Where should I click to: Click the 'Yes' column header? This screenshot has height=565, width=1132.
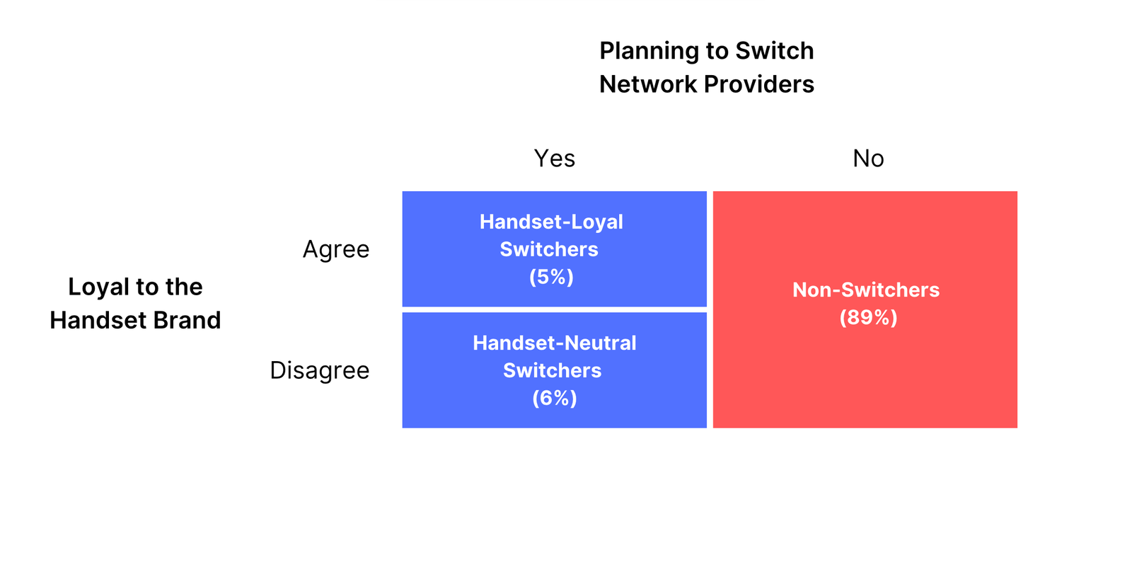pos(555,159)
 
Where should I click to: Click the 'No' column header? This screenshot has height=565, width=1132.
pos(868,159)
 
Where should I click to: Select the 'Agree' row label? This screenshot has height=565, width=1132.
pos(336,249)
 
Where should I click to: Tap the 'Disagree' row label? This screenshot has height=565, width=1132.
pos(319,370)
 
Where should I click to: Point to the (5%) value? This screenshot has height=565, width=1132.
pos(551,277)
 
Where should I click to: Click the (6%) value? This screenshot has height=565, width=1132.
pos(555,398)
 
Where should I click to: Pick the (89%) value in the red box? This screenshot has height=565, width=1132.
pos(868,318)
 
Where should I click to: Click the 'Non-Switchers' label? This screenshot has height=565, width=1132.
pos(866,290)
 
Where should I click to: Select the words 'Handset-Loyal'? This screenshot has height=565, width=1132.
pos(551,222)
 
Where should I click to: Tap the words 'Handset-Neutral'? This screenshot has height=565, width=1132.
pos(555,343)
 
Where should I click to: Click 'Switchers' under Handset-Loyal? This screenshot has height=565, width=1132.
pos(549,249)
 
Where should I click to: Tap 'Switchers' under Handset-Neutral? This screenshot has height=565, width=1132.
pos(553,371)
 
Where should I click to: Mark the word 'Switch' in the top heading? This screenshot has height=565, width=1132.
pos(774,51)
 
